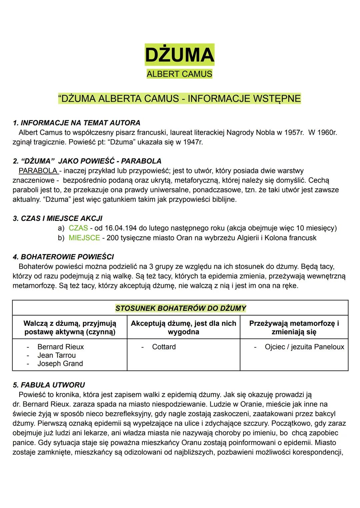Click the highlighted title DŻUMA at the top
click(179, 55)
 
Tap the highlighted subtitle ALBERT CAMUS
click(179, 74)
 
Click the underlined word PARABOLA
click(38, 171)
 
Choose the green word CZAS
click(78, 228)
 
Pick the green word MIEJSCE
click(84, 238)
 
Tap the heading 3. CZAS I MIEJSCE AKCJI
click(58, 219)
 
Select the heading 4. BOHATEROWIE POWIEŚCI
click(63, 257)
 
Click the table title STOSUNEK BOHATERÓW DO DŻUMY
click(180, 308)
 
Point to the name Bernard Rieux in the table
click(61, 347)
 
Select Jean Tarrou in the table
click(57, 355)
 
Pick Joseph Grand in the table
click(60, 363)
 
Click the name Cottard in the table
click(164, 347)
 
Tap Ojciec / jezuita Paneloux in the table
click(304, 347)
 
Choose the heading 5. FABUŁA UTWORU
click(49, 385)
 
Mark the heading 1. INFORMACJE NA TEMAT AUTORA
click(77, 123)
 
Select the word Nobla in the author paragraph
click(266, 133)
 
